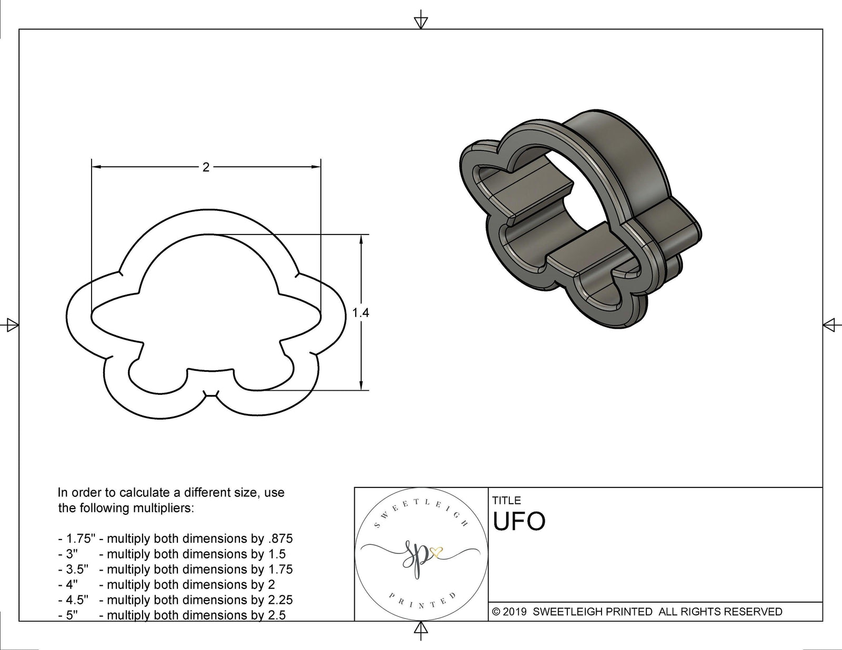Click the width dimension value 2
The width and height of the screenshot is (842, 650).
[x=206, y=167]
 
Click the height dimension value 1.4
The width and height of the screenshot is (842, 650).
[x=360, y=313]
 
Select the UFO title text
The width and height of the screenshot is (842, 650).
[x=519, y=522]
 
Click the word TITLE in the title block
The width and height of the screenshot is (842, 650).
[x=506, y=501]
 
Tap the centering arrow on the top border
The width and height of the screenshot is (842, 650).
[x=420, y=22]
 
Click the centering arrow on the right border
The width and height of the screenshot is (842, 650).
[x=830, y=325]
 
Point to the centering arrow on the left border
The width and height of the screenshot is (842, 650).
[x=11, y=325]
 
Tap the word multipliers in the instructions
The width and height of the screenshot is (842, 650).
[x=163, y=508]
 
